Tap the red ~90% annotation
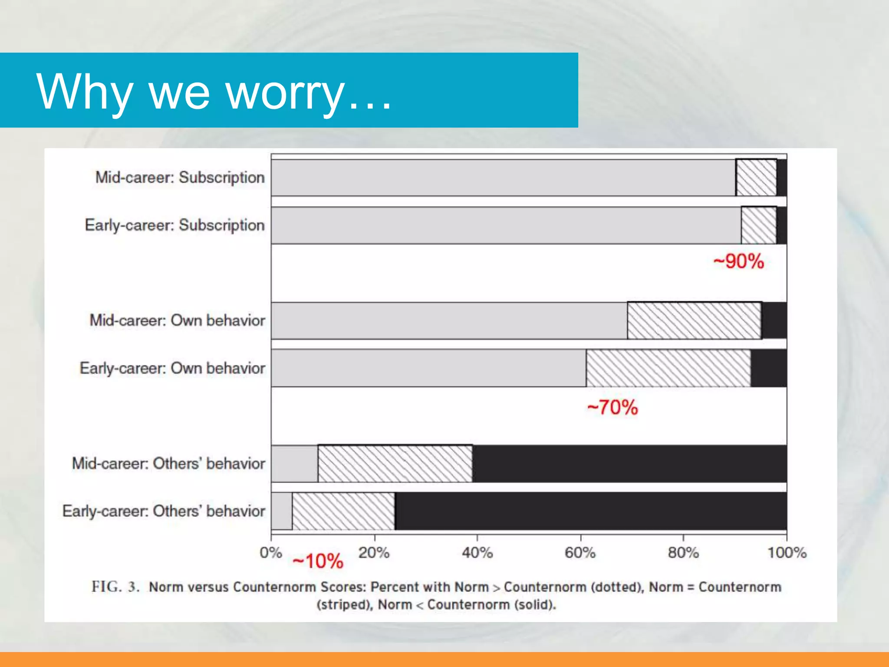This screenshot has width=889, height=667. point(739,262)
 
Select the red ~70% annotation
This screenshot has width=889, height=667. point(612,408)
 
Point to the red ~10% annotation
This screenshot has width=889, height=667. point(318,561)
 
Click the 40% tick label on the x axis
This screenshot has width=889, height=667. point(477,553)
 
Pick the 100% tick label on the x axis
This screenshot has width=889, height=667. point(787,553)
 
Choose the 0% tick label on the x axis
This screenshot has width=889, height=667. point(271,553)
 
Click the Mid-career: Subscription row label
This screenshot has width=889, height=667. point(180,178)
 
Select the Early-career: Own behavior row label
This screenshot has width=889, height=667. point(172,368)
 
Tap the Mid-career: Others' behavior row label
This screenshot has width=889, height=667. point(168,463)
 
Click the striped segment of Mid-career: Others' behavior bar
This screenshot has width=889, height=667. point(395,463)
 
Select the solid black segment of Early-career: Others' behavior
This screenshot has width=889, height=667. point(590,511)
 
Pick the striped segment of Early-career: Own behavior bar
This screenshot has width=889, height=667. point(668,368)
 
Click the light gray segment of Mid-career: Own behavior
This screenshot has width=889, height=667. point(449,320)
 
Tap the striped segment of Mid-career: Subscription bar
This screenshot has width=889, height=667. point(756,178)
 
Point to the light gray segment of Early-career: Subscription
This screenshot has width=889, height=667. point(506,225)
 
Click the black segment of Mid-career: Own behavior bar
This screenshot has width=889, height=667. point(774,320)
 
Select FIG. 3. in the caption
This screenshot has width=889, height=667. point(115,587)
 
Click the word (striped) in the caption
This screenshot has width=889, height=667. point(345,605)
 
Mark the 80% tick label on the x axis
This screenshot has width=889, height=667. point(683,553)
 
